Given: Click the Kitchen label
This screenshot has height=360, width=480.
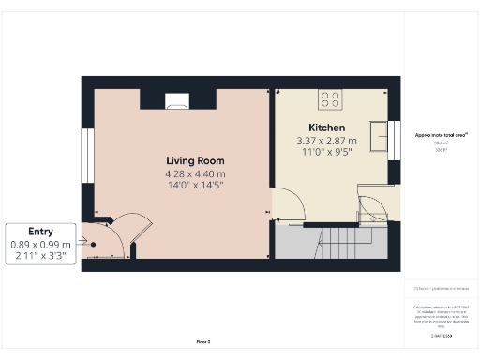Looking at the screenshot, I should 327,127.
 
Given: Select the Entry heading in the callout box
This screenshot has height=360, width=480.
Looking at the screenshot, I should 40,231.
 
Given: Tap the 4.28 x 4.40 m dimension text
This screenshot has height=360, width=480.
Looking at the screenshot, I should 195,173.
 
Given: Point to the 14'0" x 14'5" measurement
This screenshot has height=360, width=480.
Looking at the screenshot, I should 195,186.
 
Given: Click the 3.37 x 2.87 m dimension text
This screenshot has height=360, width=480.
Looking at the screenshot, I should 328,142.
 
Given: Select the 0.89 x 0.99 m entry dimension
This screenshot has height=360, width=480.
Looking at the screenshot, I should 40,244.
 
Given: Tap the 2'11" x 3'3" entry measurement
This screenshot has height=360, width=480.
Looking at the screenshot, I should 40,256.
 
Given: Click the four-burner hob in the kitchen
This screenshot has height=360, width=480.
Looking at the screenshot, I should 330,97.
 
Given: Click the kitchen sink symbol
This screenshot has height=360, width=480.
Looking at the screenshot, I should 380,137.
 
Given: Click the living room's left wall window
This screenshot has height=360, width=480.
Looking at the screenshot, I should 85,156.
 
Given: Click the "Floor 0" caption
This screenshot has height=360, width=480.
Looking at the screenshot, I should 203,342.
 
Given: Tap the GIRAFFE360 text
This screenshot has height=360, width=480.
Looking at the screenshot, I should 442,335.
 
